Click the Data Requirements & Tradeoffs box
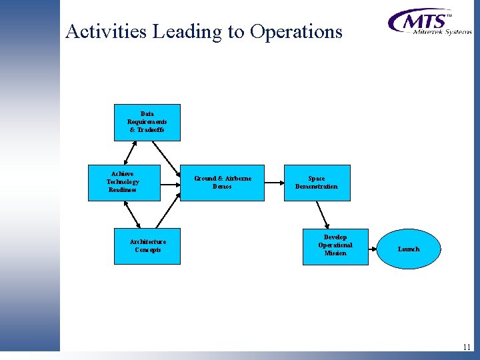click(x=147, y=122)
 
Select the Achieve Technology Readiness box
click(x=123, y=182)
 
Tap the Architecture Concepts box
click(x=147, y=246)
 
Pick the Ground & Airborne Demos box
click(x=223, y=182)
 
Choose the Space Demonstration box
click(x=317, y=182)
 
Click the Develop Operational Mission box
click(x=335, y=246)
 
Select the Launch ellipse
click(x=409, y=249)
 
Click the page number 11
click(x=466, y=347)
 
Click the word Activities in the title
click(x=107, y=31)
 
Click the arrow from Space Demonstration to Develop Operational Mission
click(x=323, y=213)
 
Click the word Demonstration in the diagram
click(x=317, y=187)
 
